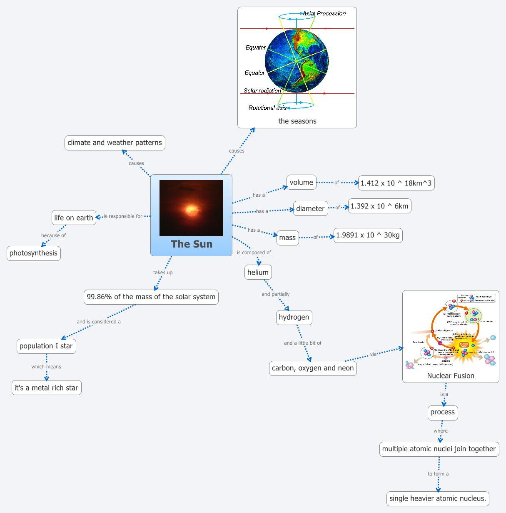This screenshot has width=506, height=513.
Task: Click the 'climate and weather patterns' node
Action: pyautogui.click(x=115, y=143)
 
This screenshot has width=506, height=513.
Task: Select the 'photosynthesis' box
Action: pyautogui.click(x=33, y=253)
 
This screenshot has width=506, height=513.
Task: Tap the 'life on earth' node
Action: pyautogui.click(x=74, y=218)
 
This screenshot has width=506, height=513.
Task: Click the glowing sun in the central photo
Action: pyautogui.click(x=191, y=209)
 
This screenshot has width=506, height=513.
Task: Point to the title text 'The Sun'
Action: pyautogui.click(x=192, y=244)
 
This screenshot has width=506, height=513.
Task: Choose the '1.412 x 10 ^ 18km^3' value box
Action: pyautogui.click(x=396, y=183)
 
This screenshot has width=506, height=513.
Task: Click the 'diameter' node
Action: pyautogui.click(x=310, y=208)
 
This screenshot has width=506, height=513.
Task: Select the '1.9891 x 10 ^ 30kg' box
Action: pyautogui.click(x=368, y=235)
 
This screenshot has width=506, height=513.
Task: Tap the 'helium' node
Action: pyautogui.click(x=258, y=272)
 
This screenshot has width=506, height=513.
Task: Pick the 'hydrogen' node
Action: pyautogui.click(x=294, y=317)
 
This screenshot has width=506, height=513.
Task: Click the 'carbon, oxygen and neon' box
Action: pyautogui.click(x=313, y=368)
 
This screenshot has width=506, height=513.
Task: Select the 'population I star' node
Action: pyautogui.click(x=46, y=346)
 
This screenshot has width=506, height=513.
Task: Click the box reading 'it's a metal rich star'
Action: pyautogui.click(x=46, y=388)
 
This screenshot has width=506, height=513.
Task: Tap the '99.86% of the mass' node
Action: pyautogui.click(x=151, y=297)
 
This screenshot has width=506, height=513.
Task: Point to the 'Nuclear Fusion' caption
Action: pyautogui.click(x=451, y=375)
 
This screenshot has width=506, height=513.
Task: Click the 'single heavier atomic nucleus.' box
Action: pyautogui.click(x=438, y=498)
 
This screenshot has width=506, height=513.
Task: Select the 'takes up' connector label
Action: pyautogui.click(x=163, y=273)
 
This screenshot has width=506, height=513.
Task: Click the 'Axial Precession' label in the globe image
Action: pyautogui.click(x=324, y=13)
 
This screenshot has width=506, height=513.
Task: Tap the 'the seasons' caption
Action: pyautogui.click(x=297, y=121)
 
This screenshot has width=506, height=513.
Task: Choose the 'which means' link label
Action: pyautogui.click(x=46, y=367)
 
